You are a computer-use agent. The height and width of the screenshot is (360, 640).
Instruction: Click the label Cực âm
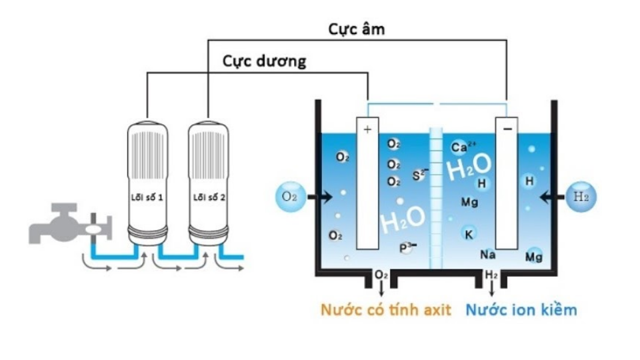[x=357, y=30]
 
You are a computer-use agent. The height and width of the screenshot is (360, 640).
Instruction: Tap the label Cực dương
[x=265, y=61]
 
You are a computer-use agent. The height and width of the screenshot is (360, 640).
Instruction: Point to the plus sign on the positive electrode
[x=367, y=129]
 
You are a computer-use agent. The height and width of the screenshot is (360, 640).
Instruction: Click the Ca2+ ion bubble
[x=461, y=147]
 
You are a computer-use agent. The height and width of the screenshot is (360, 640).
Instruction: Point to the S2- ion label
[x=419, y=175]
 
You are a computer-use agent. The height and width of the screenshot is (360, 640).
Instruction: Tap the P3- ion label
[x=407, y=247]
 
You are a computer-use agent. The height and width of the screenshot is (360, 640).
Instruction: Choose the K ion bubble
[x=469, y=233]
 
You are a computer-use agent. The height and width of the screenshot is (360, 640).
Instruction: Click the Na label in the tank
[x=487, y=254]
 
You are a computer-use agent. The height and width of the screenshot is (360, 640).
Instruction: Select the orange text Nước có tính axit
[x=386, y=310]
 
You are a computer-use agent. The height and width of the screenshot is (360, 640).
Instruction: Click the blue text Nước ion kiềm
[x=521, y=310]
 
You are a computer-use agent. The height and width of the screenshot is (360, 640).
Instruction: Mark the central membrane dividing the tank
[x=437, y=200]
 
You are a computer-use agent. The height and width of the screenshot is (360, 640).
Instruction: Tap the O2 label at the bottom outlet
[x=381, y=275]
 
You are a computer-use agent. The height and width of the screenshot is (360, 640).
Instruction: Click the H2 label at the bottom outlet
[x=491, y=275]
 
